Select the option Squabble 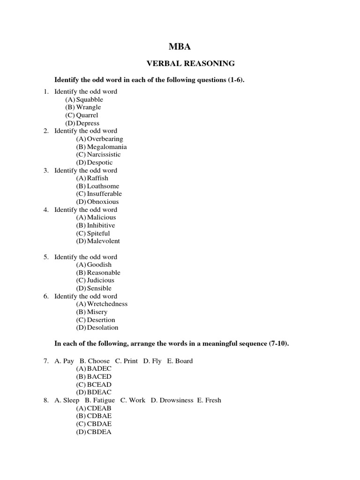(x=90, y=99)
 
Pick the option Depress (x=88, y=123)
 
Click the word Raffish (x=97, y=178)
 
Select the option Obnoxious (x=103, y=202)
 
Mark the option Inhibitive (x=101, y=225)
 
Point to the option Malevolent (x=104, y=241)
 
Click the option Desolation (x=103, y=328)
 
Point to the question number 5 (x=46, y=257)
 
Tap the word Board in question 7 (x=183, y=361)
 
